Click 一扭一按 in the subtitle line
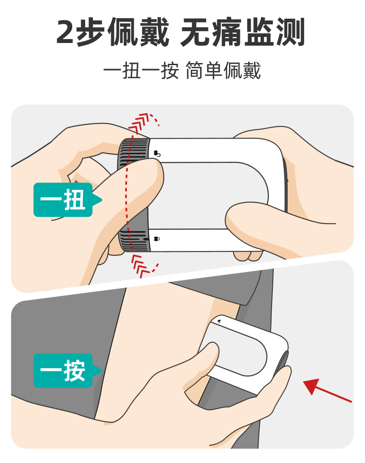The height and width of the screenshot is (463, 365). click(141, 71)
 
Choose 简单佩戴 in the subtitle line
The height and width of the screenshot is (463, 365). click(223, 71)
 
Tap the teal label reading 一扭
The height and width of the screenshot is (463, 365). click(63, 200)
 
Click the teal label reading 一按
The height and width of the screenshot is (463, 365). click(63, 370)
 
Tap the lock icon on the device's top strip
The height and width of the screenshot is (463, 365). click(157, 153)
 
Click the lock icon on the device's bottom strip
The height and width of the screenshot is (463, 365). click(157, 238)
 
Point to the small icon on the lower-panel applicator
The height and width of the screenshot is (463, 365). click(219, 321)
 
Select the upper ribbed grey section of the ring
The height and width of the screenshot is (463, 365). click(133, 149)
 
